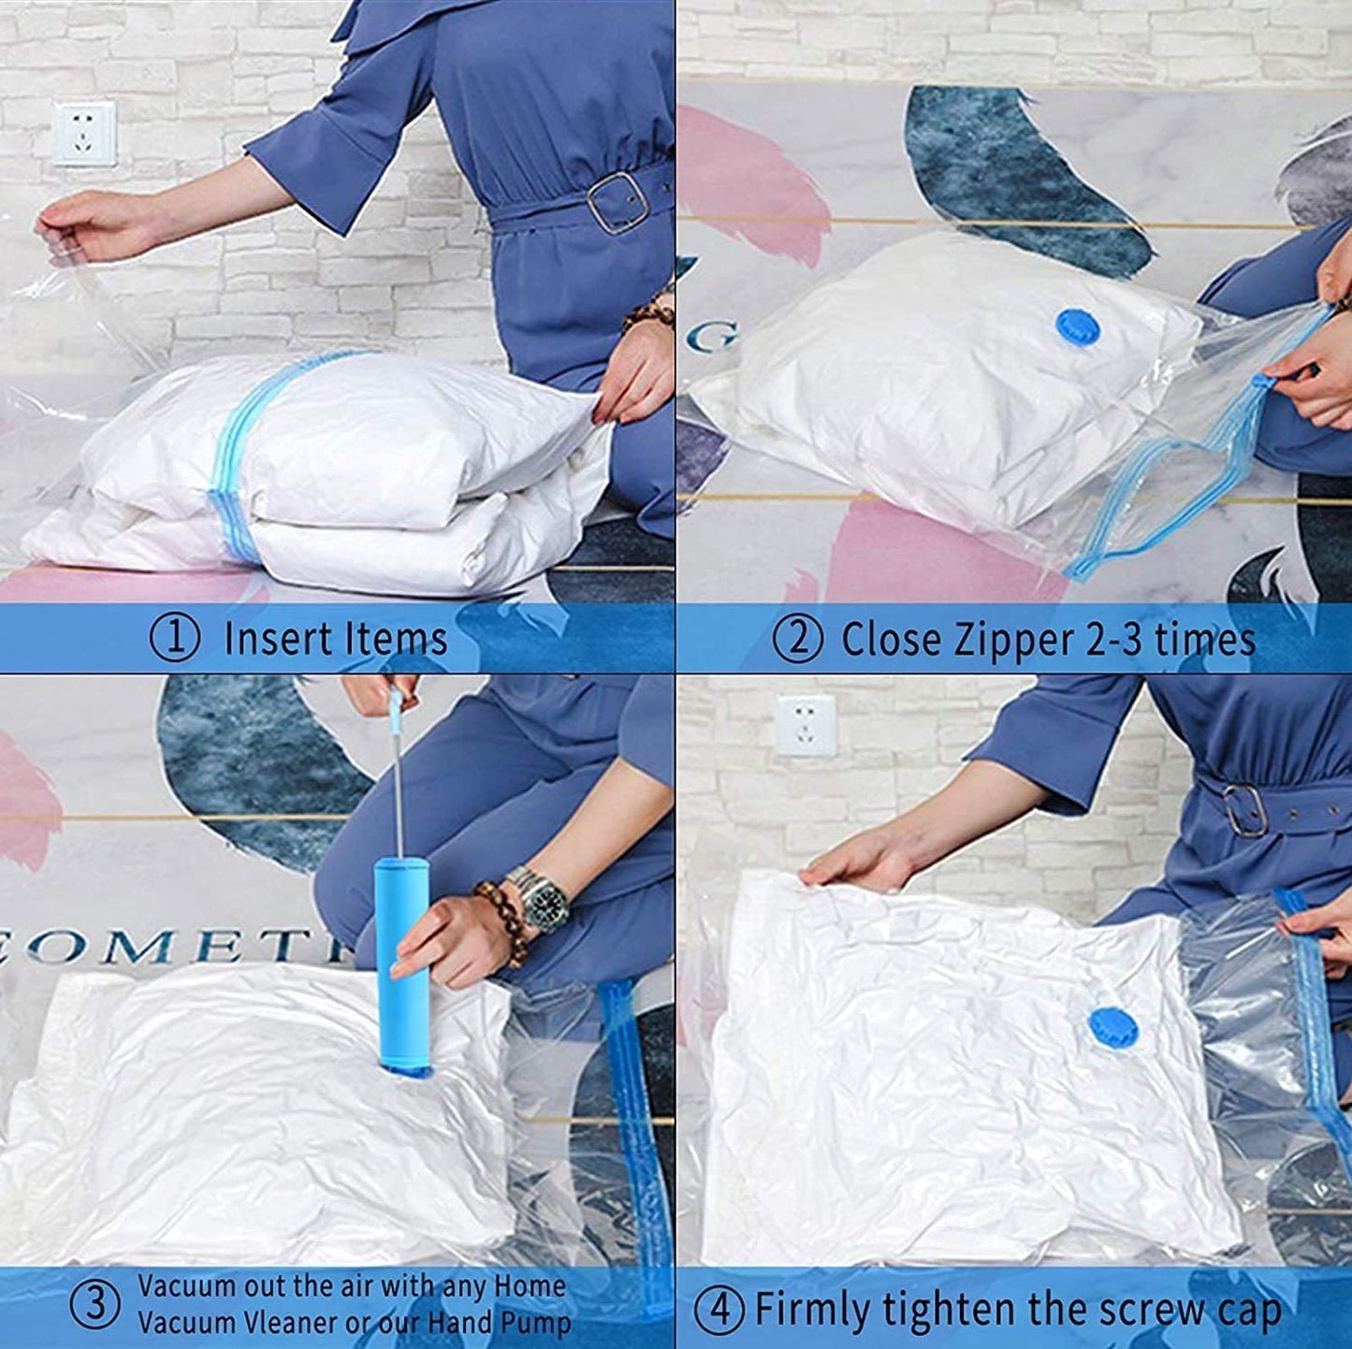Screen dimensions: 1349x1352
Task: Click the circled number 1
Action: coord(175,638)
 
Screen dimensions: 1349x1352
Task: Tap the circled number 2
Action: coord(797,639)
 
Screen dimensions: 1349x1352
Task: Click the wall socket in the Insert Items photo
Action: coord(84,133)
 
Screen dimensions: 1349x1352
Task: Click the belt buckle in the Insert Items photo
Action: coord(615,203)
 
